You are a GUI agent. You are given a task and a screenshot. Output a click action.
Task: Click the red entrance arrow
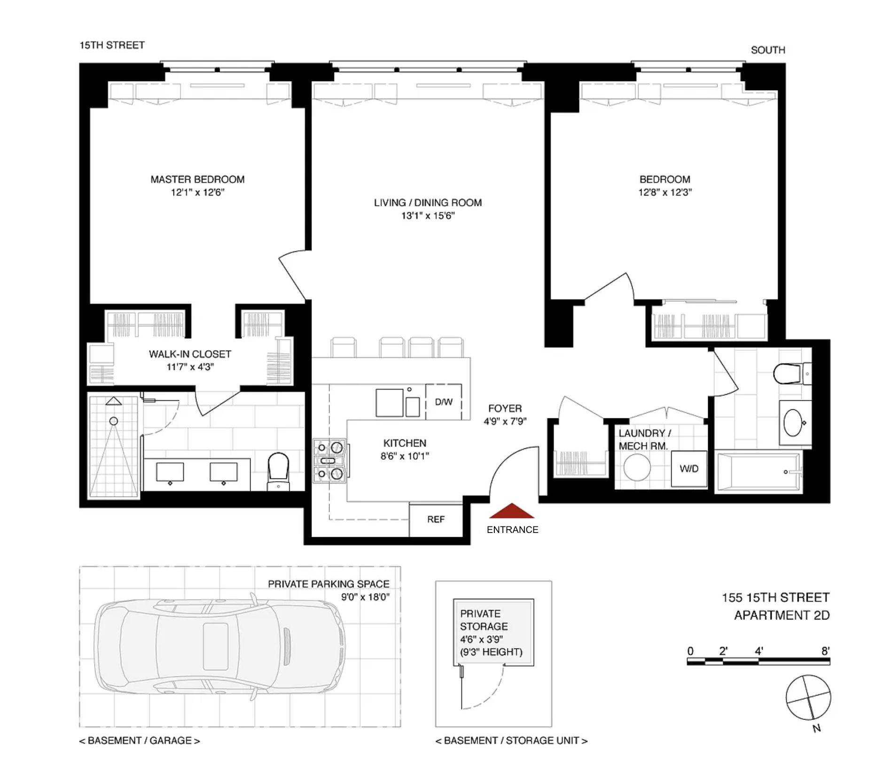pyautogui.click(x=512, y=511)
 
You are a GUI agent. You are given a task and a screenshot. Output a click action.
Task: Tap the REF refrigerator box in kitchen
pyautogui.click(x=436, y=519)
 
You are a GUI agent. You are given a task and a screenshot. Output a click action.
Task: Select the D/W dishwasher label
pyautogui.click(x=444, y=402)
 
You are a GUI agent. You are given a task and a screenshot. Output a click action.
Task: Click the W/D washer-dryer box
pyautogui.click(x=689, y=469)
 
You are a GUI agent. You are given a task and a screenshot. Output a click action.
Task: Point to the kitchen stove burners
pyautogui.click(x=330, y=461)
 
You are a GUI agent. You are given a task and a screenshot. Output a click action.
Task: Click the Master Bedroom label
pyautogui.click(x=197, y=180)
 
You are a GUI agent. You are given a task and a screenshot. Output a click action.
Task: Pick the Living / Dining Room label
pyautogui.click(x=428, y=203)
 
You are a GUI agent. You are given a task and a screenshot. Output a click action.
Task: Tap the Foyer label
pyautogui.click(x=505, y=408)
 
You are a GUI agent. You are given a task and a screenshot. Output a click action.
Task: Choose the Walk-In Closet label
pyautogui.click(x=190, y=354)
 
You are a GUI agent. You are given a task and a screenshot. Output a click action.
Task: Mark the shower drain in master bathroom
pyautogui.click(x=114, y=421)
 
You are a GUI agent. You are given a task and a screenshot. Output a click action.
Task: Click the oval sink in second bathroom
pyautogui.click(x=794, y=423)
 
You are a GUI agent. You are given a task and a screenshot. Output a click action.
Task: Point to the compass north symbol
pyautogui.click(x=808, y=698)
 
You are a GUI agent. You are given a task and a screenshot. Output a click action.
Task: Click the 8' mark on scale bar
pyautogui.click(x=826, y=651)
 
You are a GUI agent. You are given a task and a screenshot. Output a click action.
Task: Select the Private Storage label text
pyautogui.click(x=484, y=620)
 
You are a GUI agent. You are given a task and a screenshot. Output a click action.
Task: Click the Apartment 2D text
pyautogui.click(x=782, y=615)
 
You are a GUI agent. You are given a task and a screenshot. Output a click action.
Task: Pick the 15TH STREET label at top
pyautogui.click(x=112, y=45)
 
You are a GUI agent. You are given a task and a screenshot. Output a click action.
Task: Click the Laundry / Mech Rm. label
pyautogui.click(x=644, y=439)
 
